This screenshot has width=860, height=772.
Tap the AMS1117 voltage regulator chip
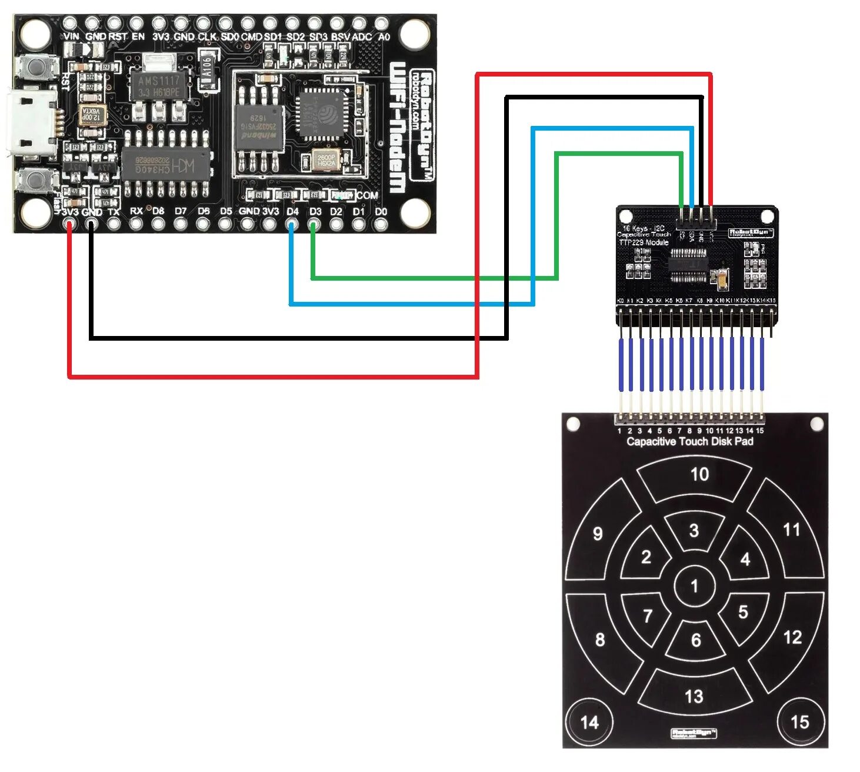[158, 86]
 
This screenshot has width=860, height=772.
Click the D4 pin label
[292, 211]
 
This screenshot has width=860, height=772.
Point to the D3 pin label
[315, 211]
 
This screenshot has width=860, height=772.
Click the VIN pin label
[71, 36]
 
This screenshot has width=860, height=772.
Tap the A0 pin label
[384, 36]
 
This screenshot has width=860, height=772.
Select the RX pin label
[136, 211]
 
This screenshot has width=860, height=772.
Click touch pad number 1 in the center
[695, 585]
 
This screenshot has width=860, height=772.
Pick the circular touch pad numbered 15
[799, 721]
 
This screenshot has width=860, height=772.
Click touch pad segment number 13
[694, 696]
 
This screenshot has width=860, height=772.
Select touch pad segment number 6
[696, 640]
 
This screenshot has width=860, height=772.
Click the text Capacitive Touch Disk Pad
[689, 441]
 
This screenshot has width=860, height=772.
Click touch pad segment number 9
[598, 534]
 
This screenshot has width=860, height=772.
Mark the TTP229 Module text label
[644, 242]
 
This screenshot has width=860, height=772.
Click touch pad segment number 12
[792, 637]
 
